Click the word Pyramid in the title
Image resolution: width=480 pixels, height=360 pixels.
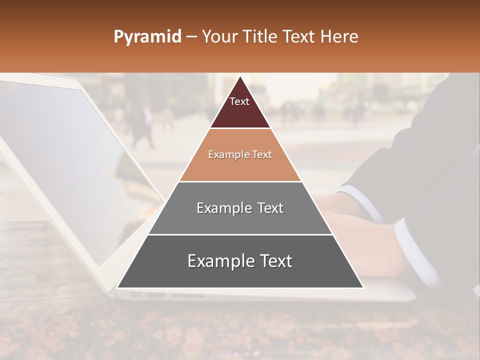point(147,37)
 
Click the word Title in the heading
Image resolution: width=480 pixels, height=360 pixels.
point(262,37)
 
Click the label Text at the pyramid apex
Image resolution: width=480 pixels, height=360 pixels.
point(239,101)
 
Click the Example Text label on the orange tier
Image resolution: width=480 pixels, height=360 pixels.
point(240,155)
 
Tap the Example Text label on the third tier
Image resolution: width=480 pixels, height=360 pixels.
point(240,208)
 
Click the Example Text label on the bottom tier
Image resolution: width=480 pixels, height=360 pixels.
point(240,261)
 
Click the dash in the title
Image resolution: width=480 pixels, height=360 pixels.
point(191,37)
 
